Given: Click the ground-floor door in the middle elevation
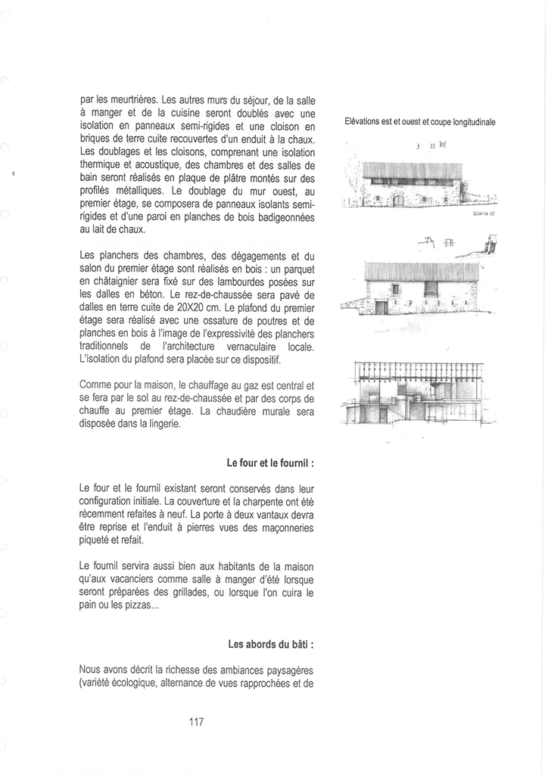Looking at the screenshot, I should point(381,307).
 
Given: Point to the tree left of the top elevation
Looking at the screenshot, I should point(350,182).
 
